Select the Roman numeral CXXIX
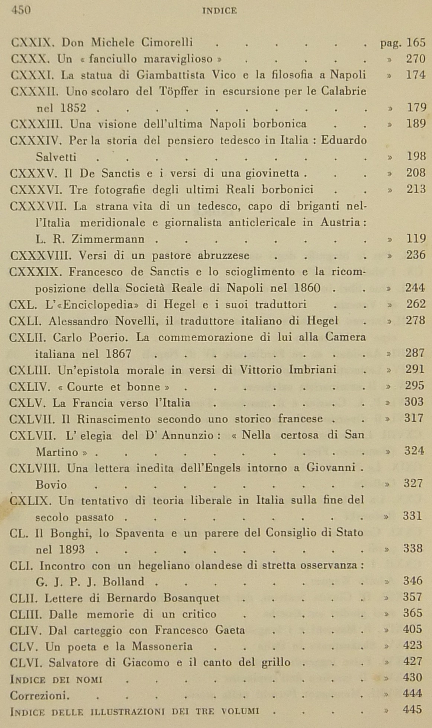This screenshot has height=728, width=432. coord(33,43)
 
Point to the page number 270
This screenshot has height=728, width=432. coord(416,59)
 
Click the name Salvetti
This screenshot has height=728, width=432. coord(56,157)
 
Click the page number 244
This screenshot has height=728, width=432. coord(415,288)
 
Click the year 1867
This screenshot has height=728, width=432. coord(118,354)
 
